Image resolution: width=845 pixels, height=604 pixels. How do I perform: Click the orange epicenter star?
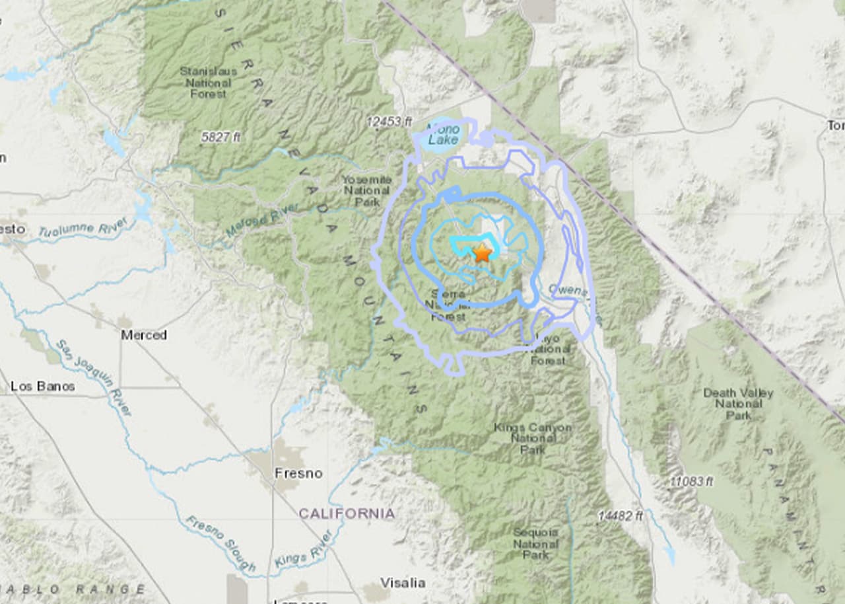click(x=482, y=253)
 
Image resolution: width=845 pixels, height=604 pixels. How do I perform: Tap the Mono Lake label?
click(x=442, y=134)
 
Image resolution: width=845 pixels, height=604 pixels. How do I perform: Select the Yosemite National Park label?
click(x=366, y=190)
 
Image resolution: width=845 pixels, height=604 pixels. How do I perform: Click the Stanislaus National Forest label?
click(x=208, y=83)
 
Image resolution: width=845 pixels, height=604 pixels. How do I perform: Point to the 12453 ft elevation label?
click(x=389, y=122)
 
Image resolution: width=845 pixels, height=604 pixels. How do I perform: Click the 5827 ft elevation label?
click(x=220, y=137)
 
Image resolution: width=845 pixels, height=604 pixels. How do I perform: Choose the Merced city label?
click(x=143, y=335)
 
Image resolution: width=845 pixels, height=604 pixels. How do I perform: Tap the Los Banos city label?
click(x=43, y=386)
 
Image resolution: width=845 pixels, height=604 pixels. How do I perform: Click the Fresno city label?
click(x=298, y=473)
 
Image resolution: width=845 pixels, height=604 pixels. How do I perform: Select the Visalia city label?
click(x=403, y=582)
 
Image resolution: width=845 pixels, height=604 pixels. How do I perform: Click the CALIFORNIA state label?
click(x=347, y=513)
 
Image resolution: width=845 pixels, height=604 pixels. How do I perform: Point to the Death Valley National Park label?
click(x=737, y=404)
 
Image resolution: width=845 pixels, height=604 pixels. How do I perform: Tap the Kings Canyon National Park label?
click(x=533, y=438)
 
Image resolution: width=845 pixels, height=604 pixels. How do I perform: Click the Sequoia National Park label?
click(x=535, y=543)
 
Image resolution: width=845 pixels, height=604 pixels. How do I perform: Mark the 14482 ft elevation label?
click(x=620, y=515)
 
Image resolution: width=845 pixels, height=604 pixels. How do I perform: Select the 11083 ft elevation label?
click(x=691, y=482)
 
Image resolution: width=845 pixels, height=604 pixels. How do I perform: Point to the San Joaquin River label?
click(x=93, y=377)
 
